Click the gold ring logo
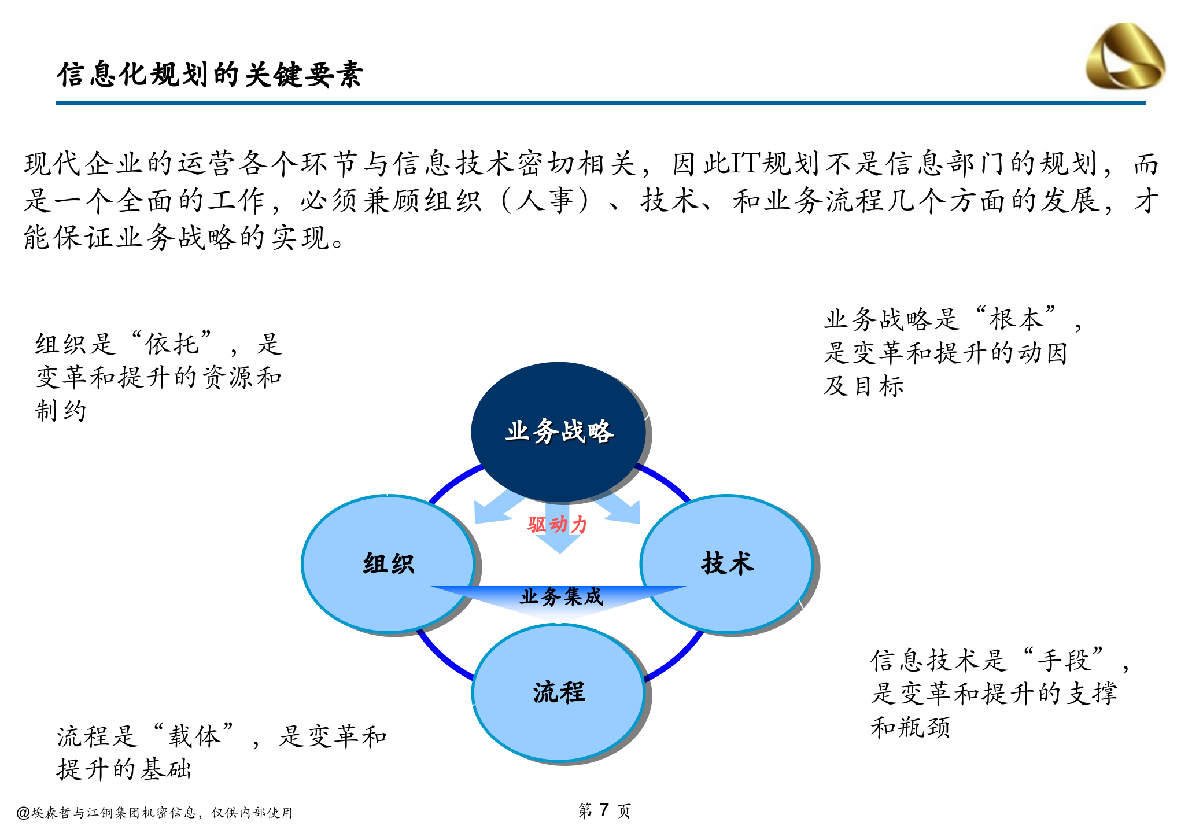(x=1125, y=57)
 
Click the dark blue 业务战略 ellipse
(x=558, y=432)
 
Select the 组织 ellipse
(x=388, y=563)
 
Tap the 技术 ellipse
(x=727, y=563)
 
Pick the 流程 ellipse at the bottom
(x=558, y=692)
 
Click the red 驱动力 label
(x=557, y=525)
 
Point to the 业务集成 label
(x=560, y=596)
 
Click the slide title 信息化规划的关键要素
(x=210, y=75)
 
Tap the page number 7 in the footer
(x=604, y=810)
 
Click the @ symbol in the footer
(x=23, y=813)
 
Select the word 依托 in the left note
(x=172, y=344)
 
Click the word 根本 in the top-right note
(x=1016, y=319)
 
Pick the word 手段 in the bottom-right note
(x=1063, y=660)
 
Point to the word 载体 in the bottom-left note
(x=194, y=736)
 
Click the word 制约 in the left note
(x=61, y=411)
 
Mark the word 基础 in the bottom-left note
(x=167, y=769)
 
